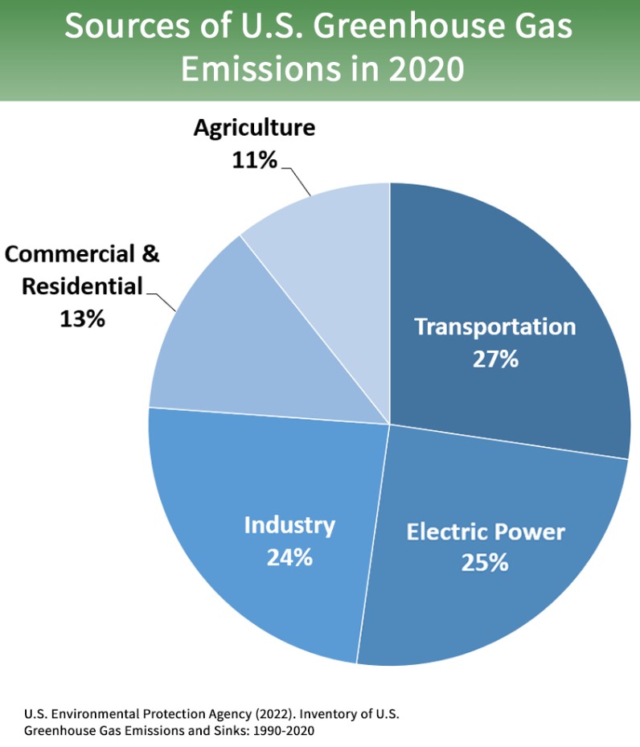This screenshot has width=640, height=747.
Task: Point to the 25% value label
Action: tap(485, 562)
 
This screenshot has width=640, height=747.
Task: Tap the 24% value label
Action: tap(289, 556)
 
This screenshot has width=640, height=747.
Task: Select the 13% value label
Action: tap(82, 318)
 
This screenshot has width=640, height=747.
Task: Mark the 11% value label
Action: tap(254, 160)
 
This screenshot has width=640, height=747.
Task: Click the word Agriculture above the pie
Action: tap(254, 129)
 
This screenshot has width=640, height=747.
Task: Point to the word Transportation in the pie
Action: tap(495, 327)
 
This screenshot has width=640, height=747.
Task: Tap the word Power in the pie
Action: tap(529, 532)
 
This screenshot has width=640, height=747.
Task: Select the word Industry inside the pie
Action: tap(289, 526)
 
